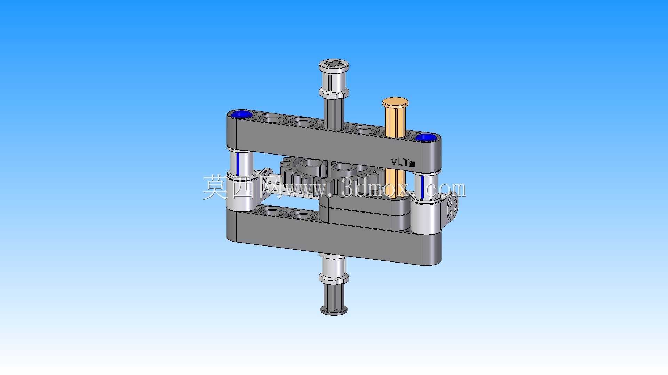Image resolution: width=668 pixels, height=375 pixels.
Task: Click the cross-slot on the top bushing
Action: (334, 64)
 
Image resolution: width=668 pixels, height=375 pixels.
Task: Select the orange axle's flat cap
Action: (395, 102)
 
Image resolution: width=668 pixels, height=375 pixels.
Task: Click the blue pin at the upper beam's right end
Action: (425, 137)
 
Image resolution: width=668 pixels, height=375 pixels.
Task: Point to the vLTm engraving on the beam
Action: (403, 162)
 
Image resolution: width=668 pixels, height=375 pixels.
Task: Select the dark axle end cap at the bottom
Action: (334, 309)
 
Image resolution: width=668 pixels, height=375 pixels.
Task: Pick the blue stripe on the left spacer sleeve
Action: (238, 164)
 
